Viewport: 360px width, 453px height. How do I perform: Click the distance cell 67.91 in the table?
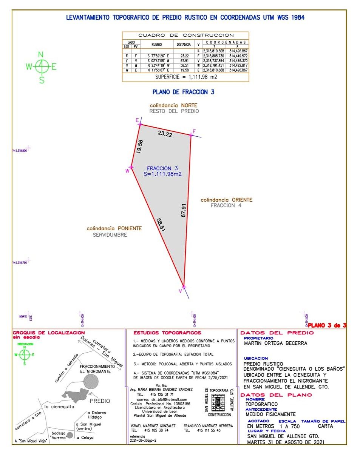[184, 60]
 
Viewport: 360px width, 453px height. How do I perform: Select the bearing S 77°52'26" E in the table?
[156, 55]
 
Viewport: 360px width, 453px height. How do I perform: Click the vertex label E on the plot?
[137, 120]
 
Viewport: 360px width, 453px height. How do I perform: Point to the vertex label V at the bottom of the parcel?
[180, 291]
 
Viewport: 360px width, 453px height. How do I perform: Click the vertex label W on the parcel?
[128, 171]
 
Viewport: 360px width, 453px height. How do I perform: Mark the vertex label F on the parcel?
[194, 131]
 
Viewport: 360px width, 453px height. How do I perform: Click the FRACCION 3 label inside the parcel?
[162, 168]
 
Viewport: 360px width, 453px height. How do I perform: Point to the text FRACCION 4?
[226, 205]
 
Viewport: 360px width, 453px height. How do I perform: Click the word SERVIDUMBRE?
[110, 235]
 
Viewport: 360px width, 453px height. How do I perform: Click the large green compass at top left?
[42, 67]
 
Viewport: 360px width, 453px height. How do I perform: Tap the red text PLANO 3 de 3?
[327, 325]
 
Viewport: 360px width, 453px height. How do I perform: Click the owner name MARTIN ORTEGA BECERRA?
[275, 343]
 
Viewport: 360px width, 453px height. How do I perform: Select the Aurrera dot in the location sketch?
[70, 435]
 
